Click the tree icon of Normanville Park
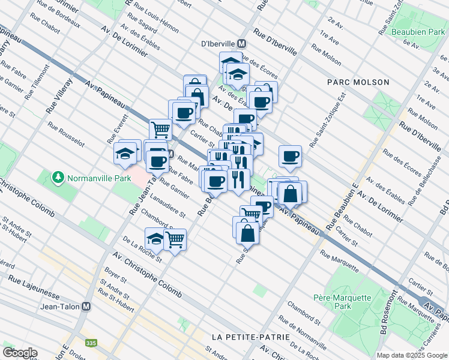[x=58, y=177]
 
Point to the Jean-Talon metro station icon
[x=86, y=306]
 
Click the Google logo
[x=20, y=352]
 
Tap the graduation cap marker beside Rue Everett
[x=126, y=154]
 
